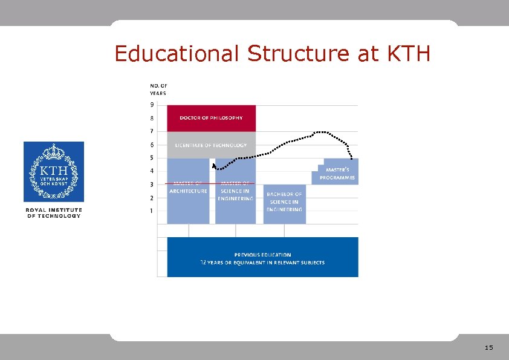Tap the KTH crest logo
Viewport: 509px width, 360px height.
tap(54, 172)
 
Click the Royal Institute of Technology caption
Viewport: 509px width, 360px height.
tap(54, 213)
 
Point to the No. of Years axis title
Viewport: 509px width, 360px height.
tap(158, 90)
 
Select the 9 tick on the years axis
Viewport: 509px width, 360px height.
tap(152, 105)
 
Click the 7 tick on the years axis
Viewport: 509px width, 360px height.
tap(152, 131)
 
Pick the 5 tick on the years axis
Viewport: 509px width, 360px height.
tap(152, 158)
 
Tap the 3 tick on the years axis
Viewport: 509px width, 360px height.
tap(152, 185)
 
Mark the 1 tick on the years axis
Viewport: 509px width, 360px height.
tap(152, 211)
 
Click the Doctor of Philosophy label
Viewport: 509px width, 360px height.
tap(211, 118)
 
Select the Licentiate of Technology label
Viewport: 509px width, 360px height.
tap(211, 145)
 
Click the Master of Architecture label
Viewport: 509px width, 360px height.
tap(188, 187)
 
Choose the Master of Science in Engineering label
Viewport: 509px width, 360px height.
tap(235, 191)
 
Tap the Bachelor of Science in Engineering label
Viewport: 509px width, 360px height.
tap(284, 201)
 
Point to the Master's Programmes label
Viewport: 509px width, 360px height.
tap(337, 174)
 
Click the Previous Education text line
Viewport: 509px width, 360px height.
tap(262, 255)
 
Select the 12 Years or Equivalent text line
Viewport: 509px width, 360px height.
tap(262, 263)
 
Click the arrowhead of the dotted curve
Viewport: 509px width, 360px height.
tap(213, 163)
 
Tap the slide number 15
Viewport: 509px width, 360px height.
tap(489, 348)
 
